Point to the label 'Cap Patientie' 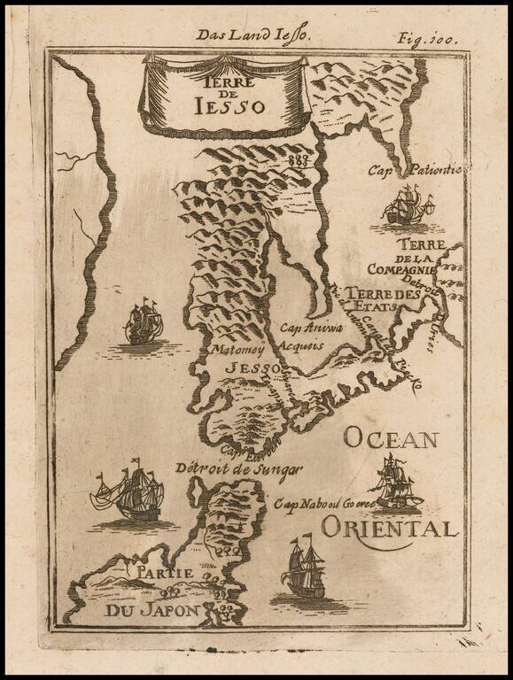406,170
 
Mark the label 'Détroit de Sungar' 239,468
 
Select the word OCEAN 392,437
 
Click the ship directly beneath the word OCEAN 395,484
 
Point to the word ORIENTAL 390,529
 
